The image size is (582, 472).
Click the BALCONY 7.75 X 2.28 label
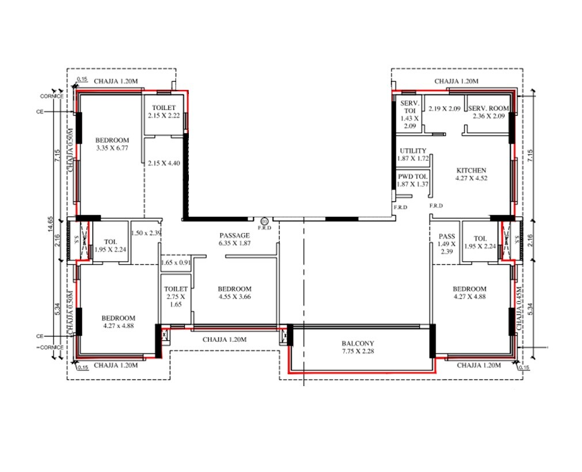[358, 347]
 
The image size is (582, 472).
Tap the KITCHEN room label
[471, 174]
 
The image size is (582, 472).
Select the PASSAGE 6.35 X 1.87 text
[234, 239]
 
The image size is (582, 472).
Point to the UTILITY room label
[413, 154]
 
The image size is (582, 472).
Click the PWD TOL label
[413, 180]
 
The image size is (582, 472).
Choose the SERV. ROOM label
[488, 112]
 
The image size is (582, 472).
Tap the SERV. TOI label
[409, 114]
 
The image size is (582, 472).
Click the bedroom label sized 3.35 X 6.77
[112, 144]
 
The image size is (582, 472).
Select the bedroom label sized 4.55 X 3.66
[235, 293]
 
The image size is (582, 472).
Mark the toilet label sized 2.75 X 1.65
[176, 296]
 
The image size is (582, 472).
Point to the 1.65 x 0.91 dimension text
[176, 262]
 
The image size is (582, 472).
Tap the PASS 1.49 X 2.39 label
[447, 244]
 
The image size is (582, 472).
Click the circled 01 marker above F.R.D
[264, 220]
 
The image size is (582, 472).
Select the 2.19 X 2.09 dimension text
[444, 108]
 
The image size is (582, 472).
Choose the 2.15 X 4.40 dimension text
[164, 163]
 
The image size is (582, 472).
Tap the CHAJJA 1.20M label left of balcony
[225, 340]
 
